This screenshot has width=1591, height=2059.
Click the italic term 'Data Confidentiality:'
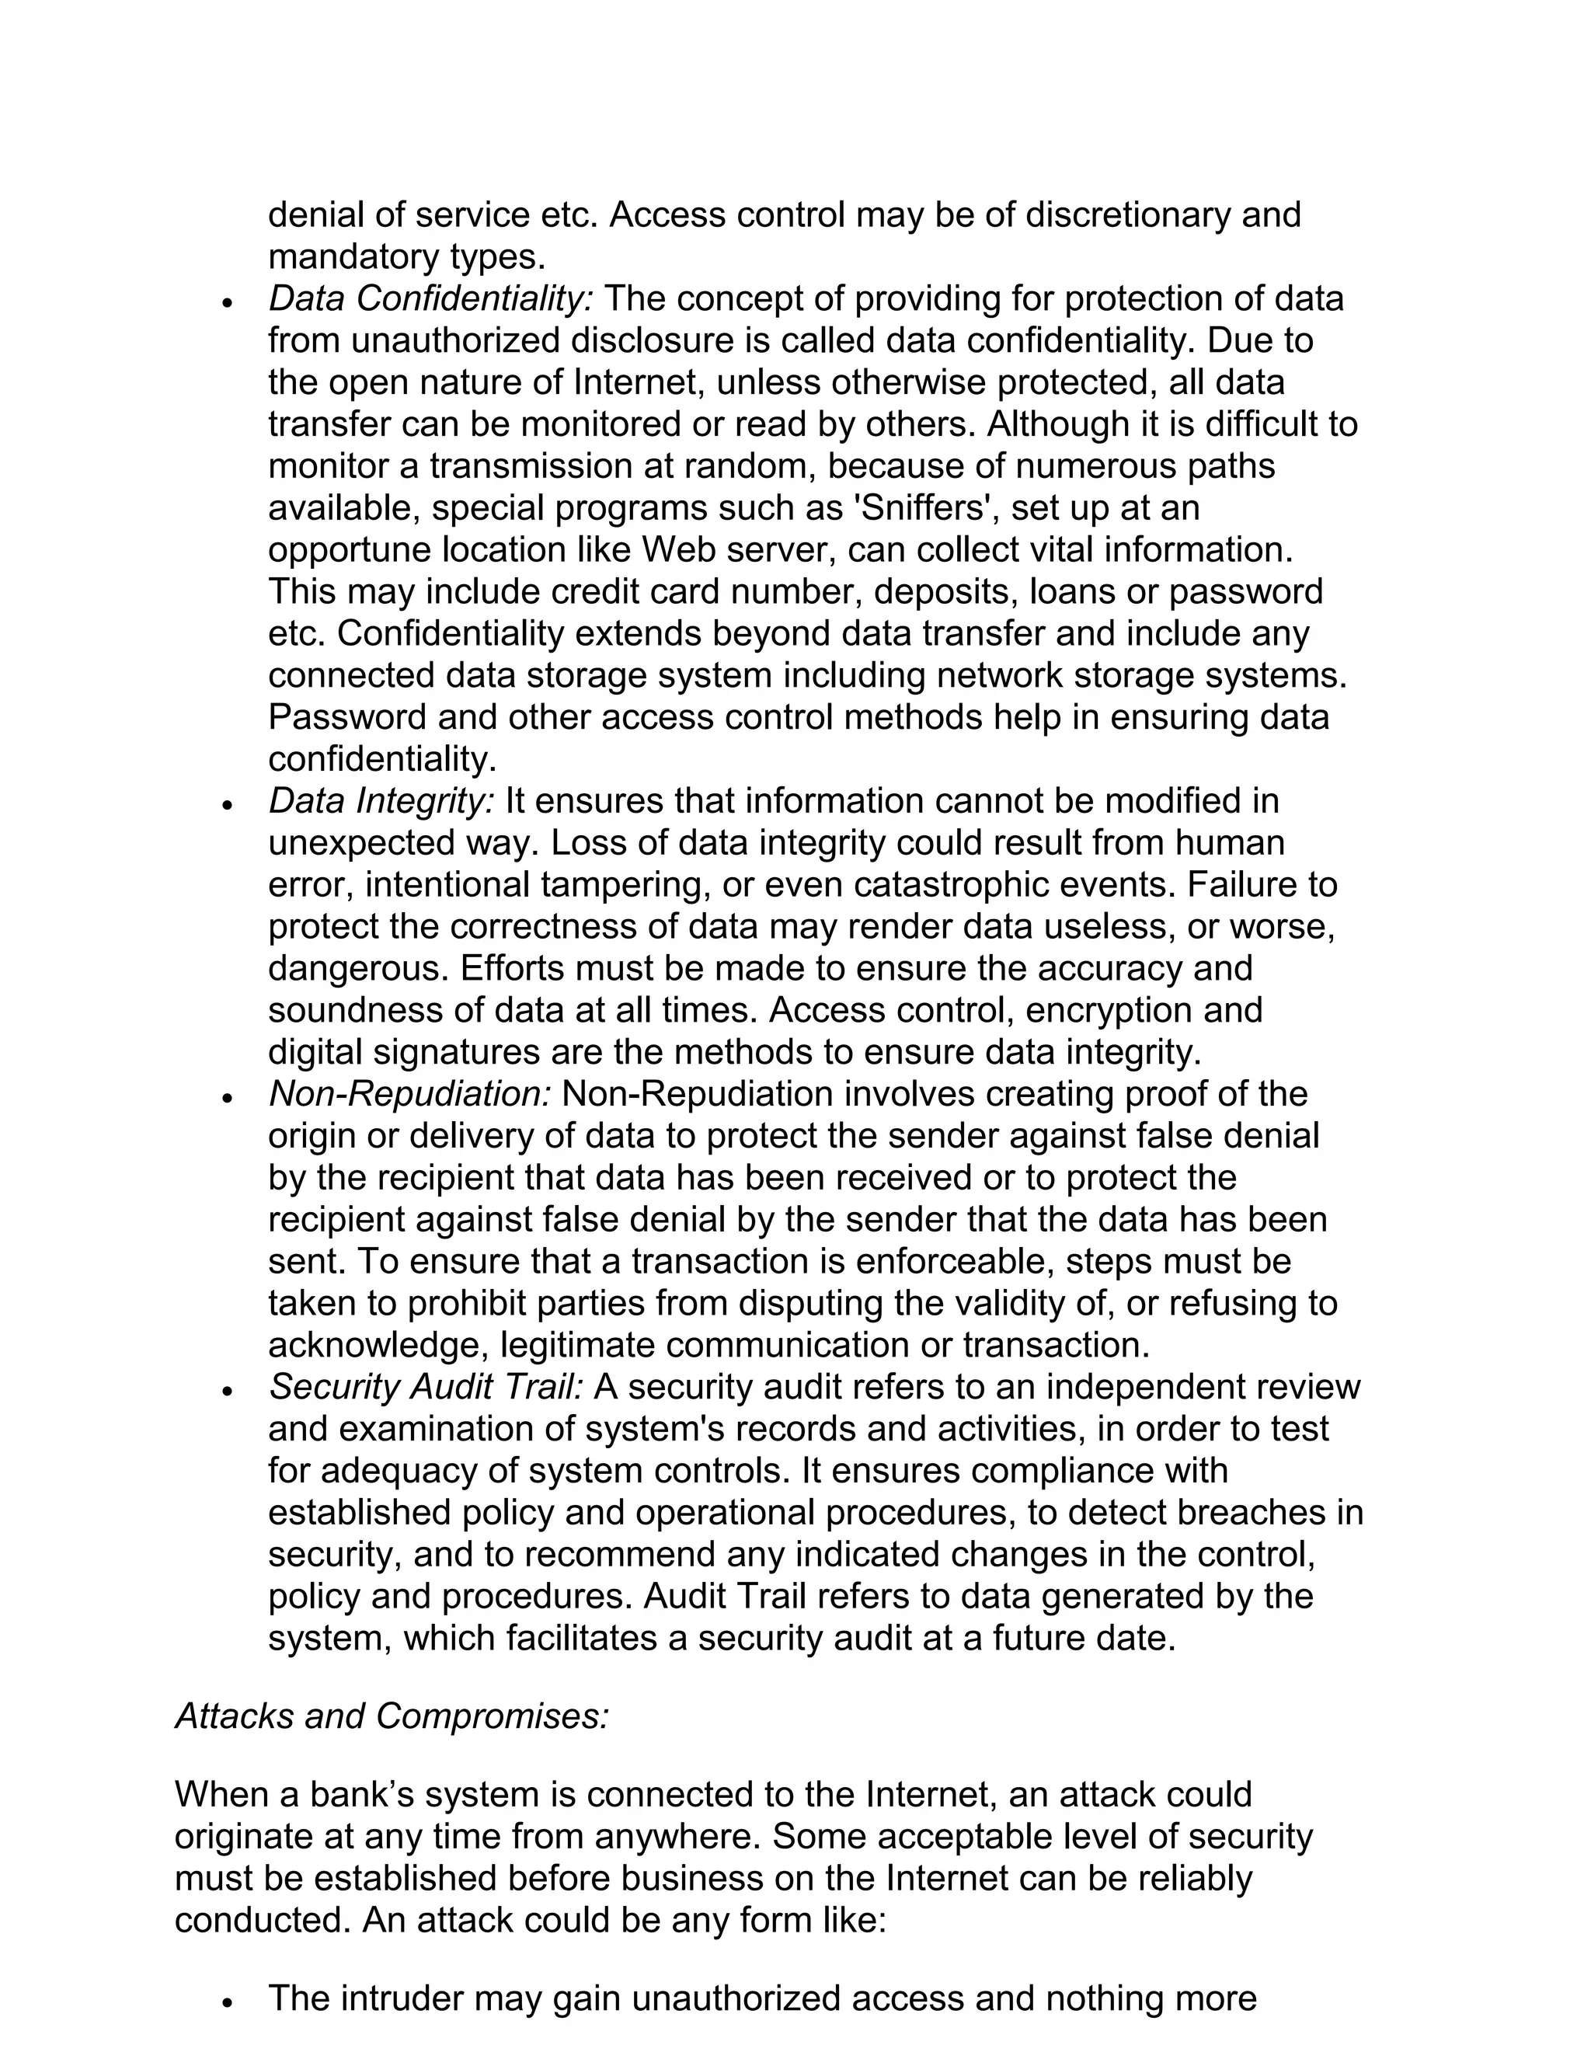click(x=430, y=299)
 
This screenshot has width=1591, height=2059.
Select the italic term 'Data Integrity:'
click(x=381, y=801)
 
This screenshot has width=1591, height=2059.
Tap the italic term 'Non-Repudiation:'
click(x=409, y=1095)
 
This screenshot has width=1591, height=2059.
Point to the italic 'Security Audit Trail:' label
click(x=426, y=1387)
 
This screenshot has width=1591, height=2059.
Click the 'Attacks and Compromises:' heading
click(x=392, y=1716)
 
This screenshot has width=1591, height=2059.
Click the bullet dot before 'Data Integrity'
click(x=226, y=805)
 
